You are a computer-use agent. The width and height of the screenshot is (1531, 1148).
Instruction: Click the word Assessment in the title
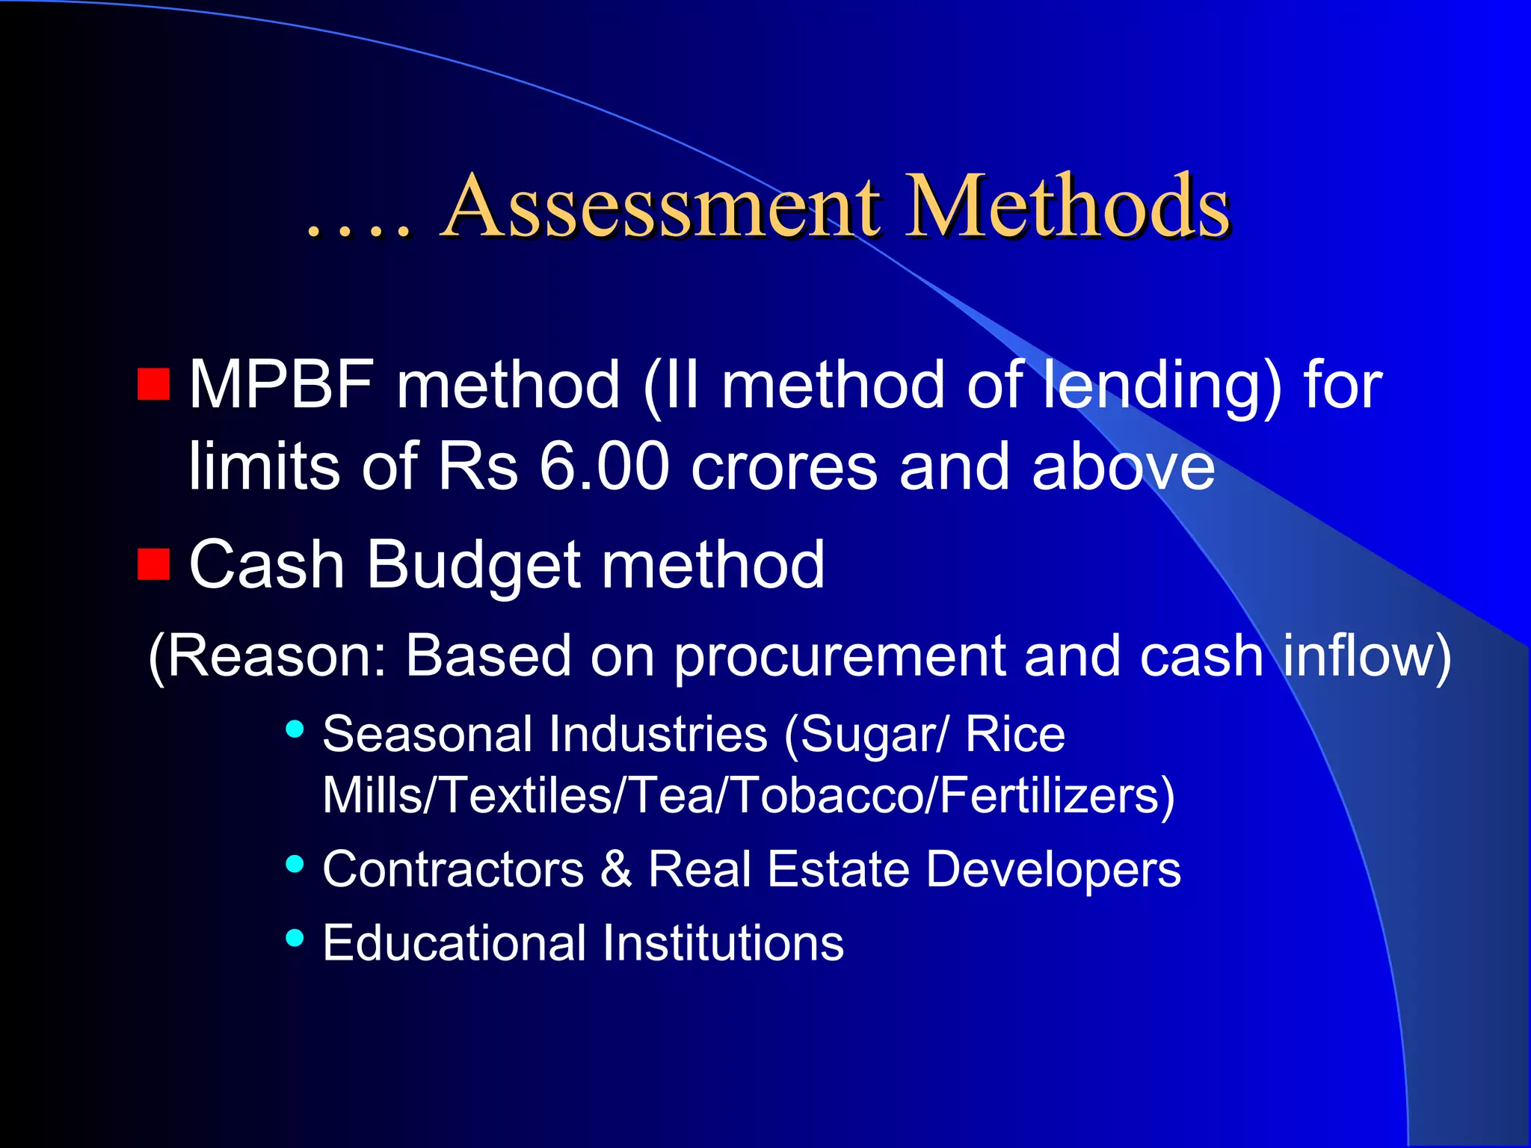[x=661, y=206]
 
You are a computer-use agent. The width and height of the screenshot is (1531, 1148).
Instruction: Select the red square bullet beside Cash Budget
[x=154, y=564]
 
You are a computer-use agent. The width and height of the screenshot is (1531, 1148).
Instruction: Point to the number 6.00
[x=604, y=466]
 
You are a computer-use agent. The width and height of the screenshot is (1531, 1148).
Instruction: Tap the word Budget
[x=472, y=565]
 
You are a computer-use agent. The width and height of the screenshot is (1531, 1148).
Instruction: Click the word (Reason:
[x=268, y=656]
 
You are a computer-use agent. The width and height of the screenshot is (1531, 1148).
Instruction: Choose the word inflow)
[x=1367, y=656]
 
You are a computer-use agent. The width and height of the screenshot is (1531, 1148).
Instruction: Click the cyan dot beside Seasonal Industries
[x=295, y=729]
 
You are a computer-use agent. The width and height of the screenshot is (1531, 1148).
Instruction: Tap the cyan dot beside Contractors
[x=295, y=865]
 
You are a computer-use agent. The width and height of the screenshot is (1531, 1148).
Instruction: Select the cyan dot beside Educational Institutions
[x=295, y=937]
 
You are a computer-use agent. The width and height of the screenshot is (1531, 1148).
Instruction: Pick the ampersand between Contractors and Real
[x=616, y=869]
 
